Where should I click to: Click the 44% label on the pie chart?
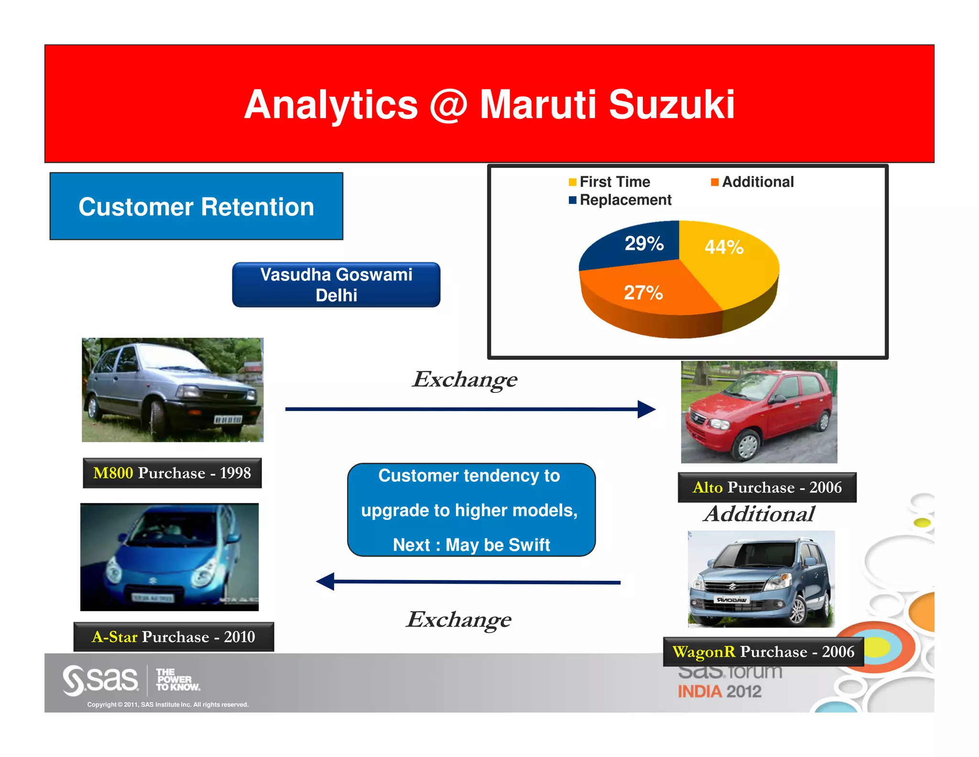[724, 247]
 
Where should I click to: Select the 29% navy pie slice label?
[644, 244]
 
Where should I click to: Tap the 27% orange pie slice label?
[643, 293]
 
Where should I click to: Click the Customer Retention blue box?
[196, 207]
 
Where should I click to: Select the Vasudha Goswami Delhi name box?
[336, 285]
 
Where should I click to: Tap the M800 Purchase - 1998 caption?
[172, 473]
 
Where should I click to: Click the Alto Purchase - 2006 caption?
[767, 487]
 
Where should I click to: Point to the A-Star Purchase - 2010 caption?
[174, 637]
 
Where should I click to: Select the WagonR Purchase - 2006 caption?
[763, 652]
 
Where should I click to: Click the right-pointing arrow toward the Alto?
[470, 409]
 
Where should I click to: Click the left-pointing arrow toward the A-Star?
[468, 582]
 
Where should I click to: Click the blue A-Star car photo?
[170, 557]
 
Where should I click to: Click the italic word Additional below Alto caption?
[759, 514]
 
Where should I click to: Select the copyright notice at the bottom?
[168, 704]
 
